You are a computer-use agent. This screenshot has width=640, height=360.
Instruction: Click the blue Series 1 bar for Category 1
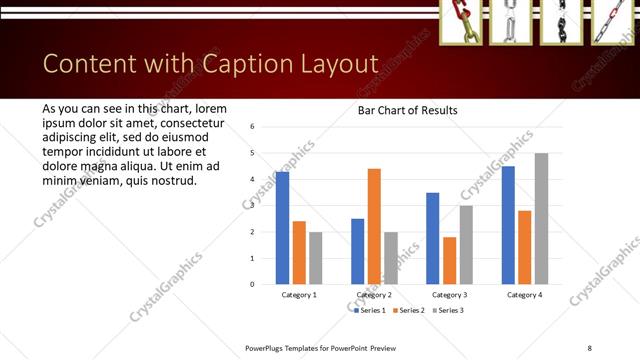click(283, 228)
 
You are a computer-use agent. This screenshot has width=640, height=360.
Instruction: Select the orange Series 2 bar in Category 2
click(374, 226)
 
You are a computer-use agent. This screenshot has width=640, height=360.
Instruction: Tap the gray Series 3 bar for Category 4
click(541, 218)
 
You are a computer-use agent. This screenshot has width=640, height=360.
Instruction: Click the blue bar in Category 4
click(508, 225)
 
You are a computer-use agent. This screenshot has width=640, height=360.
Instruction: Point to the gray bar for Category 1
click(316, 258)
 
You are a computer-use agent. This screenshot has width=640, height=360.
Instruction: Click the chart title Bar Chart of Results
click(407, 110)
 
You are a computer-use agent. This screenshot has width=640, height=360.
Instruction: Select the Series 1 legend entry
click(372, 310)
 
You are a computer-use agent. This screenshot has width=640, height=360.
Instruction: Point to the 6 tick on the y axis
click(253, 127)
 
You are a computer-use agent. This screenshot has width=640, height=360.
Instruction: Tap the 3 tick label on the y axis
click(253, 206)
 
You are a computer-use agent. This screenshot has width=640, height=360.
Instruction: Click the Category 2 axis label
click(373, 295)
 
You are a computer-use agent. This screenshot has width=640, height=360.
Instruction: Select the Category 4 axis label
click(524, 295)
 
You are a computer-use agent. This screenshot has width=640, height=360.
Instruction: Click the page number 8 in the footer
click(590, 347)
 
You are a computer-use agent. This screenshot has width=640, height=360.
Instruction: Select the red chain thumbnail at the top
click(461, 22)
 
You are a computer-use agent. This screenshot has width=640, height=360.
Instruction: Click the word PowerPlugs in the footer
click(271, 347)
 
